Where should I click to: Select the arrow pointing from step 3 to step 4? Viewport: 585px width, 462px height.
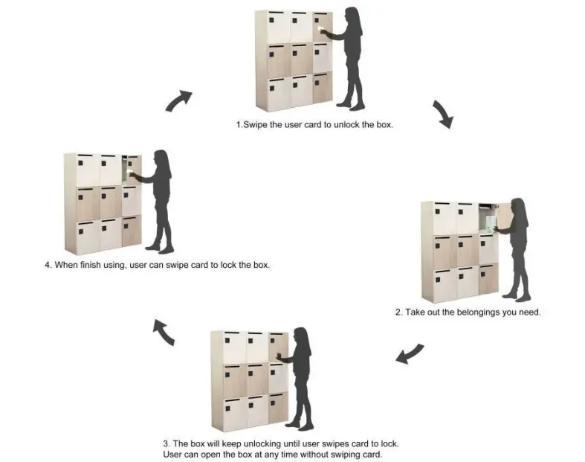click(164, 333)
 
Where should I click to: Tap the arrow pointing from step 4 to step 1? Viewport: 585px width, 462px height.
click(178, 100)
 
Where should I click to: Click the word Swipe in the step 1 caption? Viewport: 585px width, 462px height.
click(256, 125)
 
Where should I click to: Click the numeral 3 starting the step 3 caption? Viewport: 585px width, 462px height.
click(165, 443)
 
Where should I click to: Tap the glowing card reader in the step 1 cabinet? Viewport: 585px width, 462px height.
click(320, 31)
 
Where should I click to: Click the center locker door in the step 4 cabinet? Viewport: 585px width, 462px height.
click(109, 202)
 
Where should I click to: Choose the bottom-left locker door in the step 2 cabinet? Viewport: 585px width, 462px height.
click(445, 283)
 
